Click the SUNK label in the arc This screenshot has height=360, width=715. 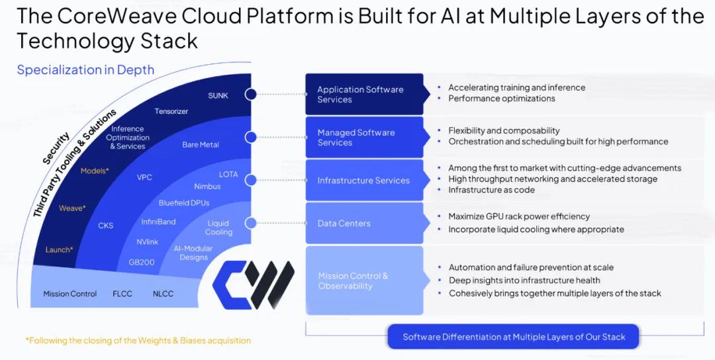[x=218, y=95]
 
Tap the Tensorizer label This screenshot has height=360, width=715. [x=171, y=111]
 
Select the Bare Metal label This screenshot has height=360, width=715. [x=201, y=144]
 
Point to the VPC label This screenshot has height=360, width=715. [x=145, y=177]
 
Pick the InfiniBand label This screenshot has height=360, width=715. [x=158, y=222]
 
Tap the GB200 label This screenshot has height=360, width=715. [x=142, y=262]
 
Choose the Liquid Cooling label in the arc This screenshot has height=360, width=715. [x=218, y=228]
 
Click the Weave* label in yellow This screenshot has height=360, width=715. [x=72, y=208]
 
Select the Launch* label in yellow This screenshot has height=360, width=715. [x=59, y=249]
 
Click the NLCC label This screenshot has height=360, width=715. [x=163, y=294]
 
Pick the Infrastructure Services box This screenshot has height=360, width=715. [x=363, y=180]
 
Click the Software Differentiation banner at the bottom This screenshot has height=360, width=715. [x=513, y=337]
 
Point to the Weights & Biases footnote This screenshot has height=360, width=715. [x=138, y=340]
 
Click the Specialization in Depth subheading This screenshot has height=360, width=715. [x=85, y=69]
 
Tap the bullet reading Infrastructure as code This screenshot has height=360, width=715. [x=491, y=190]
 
